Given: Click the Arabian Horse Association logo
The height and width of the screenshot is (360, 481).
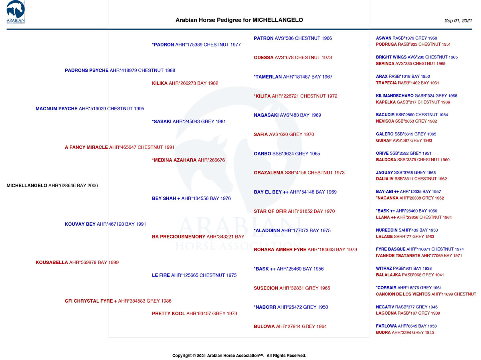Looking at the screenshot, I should (16, 12).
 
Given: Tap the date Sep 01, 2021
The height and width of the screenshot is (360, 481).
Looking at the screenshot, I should (458, 20).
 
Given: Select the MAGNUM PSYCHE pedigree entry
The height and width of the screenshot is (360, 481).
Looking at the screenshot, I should (90, 109).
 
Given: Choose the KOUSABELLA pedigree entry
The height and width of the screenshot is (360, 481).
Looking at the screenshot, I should (77, 263).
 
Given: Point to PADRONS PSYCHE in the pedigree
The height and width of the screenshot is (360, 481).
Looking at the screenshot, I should (120, 71).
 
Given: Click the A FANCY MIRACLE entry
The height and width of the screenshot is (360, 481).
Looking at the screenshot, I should (119, 147).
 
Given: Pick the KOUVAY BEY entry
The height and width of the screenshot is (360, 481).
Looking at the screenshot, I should (105, 224).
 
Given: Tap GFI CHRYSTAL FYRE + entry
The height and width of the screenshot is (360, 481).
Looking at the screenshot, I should (118, 301).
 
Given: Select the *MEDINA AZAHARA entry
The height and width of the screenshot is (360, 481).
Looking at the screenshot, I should (188, 160).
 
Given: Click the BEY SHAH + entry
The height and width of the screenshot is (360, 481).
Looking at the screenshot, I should (191, 198).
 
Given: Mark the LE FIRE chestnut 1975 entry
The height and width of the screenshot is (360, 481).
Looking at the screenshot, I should (194, 275).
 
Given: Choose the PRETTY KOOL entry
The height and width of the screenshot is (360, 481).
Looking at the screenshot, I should (194, 313).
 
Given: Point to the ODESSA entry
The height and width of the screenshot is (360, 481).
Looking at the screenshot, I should (293, 58).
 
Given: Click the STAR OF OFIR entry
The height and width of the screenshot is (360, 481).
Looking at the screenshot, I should (294, 211).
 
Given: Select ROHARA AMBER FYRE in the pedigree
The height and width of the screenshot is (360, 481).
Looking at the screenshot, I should (305, 250).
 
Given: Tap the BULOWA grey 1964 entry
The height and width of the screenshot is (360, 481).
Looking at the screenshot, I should (290, 326).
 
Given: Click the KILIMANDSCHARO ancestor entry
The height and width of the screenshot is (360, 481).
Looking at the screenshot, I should (416, 96).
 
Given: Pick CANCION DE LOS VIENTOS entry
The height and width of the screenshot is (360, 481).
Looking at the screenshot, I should (426, 294).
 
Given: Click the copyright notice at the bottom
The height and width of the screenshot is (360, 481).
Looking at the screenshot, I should (239, 356).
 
